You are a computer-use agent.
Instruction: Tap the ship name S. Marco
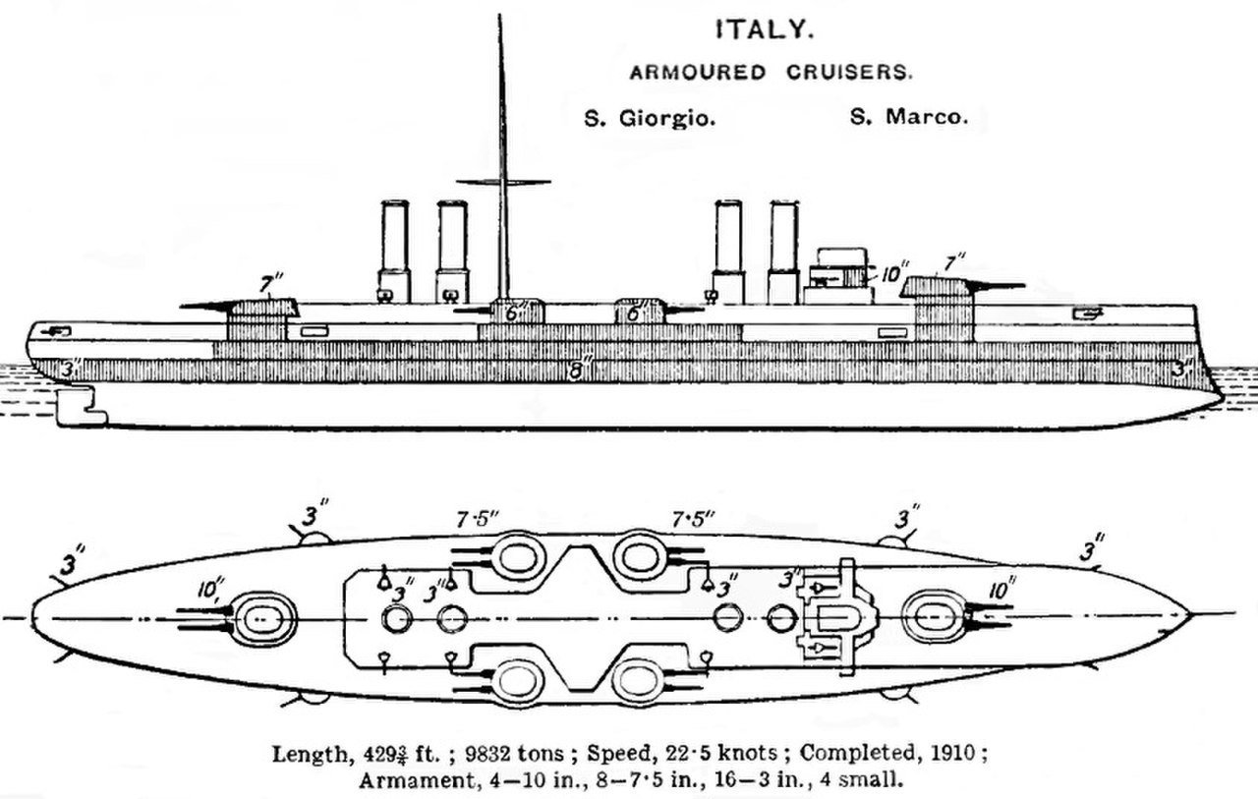click(x=907, y=118)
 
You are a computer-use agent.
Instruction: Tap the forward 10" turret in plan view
click(x=930, y=617)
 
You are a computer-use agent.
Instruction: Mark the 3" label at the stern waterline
click(x=68, y=370)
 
